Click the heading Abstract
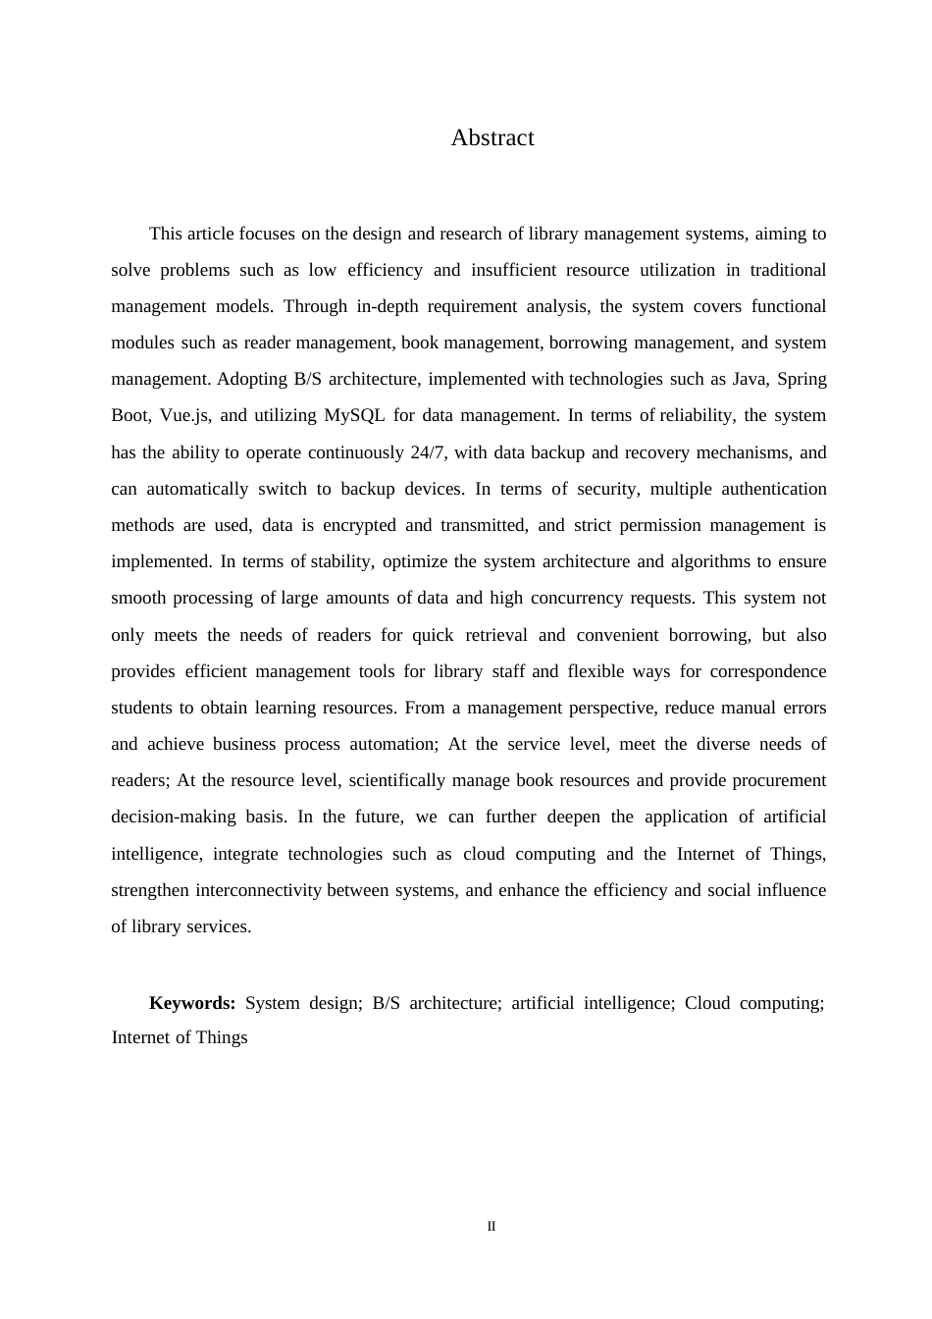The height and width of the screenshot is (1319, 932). (492, 138)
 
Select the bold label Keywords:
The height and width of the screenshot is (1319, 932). (192, 1003)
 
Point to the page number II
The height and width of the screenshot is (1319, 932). (492, 1227)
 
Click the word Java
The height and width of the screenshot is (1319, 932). (750, 379)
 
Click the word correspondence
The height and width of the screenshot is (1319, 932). (768, 671)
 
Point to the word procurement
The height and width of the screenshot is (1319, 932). (777, 780)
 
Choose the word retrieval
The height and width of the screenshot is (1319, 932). (495, 635)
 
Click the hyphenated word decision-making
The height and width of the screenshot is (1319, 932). (174, 817)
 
